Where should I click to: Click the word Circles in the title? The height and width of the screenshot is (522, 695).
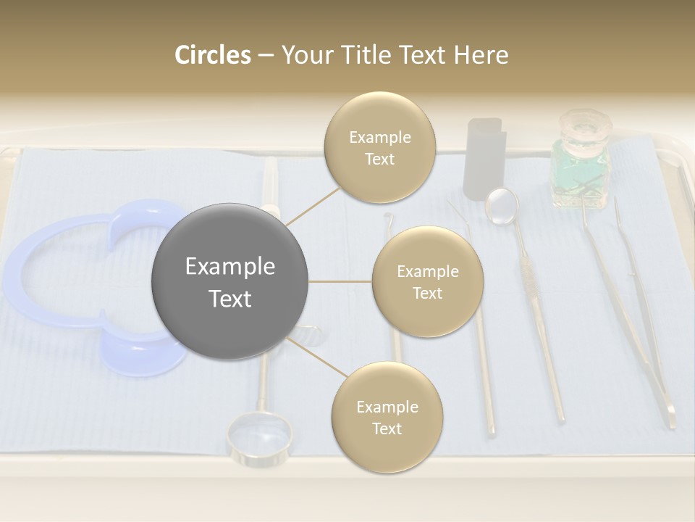coord(212,55)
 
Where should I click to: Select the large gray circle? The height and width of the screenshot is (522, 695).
coord(230,282)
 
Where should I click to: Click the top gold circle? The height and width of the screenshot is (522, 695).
coord(380,147)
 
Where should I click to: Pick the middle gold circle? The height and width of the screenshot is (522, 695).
coord(427,282)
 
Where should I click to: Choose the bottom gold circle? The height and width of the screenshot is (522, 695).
coord(387,418)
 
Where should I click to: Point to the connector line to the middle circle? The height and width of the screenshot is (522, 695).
coord(340,281)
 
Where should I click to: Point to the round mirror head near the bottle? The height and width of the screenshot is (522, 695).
coord(502,205)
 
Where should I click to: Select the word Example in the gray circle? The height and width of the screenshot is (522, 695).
coord(230,267)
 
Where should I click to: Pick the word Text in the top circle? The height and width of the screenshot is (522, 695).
coord(379,159)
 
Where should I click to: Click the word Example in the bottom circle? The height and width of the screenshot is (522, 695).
coord(387,407)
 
